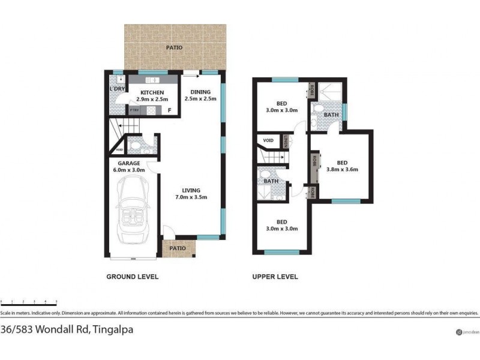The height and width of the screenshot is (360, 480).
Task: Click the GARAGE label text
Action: pos(128,163)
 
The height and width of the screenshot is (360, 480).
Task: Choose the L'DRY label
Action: pos(117,89)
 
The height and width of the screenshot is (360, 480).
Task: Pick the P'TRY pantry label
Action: pos(135,110)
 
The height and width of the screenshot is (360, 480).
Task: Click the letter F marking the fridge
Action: pos(170,110)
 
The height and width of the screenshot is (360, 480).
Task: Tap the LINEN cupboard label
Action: pos(287,142)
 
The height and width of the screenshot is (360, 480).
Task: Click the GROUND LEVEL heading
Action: pos(132,277)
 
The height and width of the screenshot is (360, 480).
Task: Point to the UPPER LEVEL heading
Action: pos(275,277)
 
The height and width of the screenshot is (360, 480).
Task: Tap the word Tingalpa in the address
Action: pos(112,329)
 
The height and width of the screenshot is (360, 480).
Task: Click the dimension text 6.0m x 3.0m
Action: pos(128,170)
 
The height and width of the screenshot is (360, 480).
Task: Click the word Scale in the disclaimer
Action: pos(7,313)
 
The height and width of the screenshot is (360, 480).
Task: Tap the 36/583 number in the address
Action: pos(17,329)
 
